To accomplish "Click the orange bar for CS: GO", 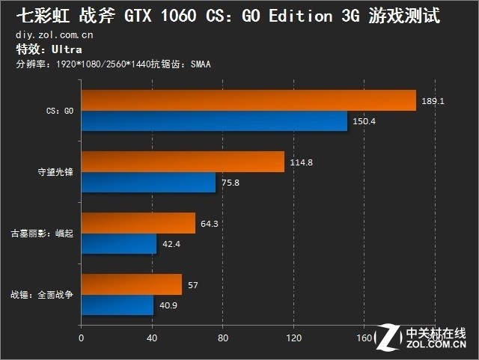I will [x=247, y=100].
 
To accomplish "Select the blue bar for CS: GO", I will [x=213, y=120].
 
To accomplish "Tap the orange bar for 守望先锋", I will [x=182, y=162].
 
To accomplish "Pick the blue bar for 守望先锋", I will [x=147, y=182].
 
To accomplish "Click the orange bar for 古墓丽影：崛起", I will [x=138, y=223].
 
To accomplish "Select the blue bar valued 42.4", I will [x=118, y=243].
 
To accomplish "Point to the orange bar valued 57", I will [x=131, y=284].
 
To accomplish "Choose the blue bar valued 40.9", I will [x=117, y=305].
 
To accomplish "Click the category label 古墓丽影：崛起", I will [x=41, y=233].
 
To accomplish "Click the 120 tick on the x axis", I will [x=293, y=337].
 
